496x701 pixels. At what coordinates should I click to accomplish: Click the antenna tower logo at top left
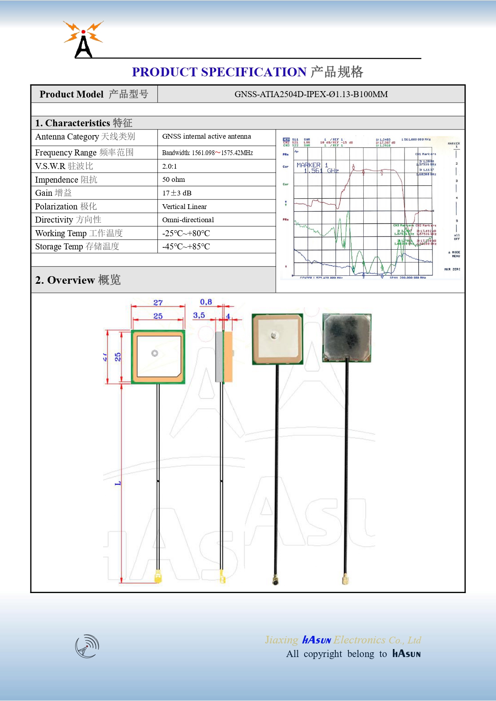tap(83, 40)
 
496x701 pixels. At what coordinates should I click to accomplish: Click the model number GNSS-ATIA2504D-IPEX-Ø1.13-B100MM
tap(311, 94)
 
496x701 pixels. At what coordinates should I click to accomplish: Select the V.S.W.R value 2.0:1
tap(169, 166)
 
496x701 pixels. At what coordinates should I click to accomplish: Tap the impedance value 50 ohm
tap(173, 179)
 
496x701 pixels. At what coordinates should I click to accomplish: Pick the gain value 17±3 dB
tap(177, 193)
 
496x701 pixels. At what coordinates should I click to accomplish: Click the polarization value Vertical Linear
tap(184, 207)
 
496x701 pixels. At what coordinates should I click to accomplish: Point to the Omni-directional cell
tap(188, 220)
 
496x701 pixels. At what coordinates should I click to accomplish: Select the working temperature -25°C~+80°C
tap(186, 233)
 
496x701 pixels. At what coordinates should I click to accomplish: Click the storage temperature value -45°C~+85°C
tap(186, 247)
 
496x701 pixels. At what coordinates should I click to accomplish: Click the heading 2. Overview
tap(78, 280)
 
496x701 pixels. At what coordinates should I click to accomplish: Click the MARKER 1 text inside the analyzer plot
tap(312, 165)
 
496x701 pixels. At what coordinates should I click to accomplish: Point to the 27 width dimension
tap(158, 303)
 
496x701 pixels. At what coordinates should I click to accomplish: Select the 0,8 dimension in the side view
tap(206, 302)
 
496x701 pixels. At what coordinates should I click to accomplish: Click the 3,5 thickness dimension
tap(199, 315)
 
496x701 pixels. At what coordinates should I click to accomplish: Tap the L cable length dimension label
tap(118, 484)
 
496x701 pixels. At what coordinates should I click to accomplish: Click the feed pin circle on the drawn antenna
tap(155, 353)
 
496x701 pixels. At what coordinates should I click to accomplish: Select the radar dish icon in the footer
tap(87, 646)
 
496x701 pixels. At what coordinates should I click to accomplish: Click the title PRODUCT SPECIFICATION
tap(219, 72)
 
